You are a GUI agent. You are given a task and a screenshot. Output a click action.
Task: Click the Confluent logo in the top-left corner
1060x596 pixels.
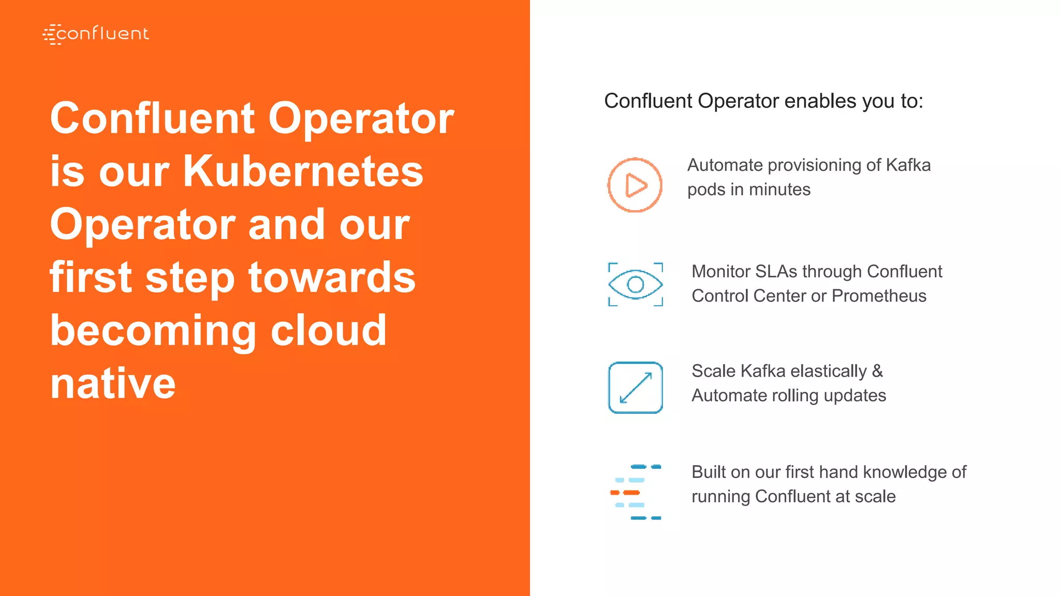point(96,34)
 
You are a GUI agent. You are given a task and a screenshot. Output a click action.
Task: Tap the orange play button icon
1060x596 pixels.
point(635,185)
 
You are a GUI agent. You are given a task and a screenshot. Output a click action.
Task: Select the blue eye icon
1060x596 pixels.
point(636,284)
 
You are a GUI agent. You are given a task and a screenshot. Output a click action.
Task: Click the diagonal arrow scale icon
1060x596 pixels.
point(636,388)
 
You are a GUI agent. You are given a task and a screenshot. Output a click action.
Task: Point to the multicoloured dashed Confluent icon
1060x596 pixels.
point(636,492)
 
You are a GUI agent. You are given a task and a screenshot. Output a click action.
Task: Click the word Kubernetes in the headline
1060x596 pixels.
point(303,171)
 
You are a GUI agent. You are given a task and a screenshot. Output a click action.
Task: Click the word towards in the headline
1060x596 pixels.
point(332,277)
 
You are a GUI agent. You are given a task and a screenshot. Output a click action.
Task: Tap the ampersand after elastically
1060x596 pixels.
point(877,371)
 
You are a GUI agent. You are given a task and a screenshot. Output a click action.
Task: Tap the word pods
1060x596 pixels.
point(706,189)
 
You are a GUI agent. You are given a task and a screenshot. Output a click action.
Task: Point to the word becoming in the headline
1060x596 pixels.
point(153,331)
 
